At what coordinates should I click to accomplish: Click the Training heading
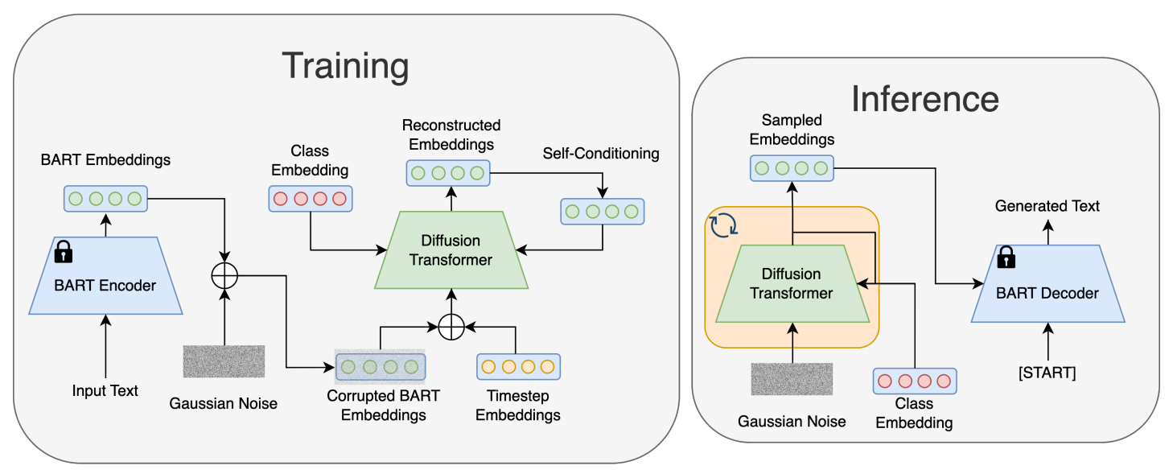click(346, 67)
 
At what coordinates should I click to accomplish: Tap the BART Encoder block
click(105, 275)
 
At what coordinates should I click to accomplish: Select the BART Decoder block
click(1047, 283)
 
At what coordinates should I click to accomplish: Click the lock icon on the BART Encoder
click(64, 251)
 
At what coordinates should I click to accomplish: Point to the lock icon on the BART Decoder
click(1006, 258)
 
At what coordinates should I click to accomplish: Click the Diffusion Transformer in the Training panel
click(451, 249)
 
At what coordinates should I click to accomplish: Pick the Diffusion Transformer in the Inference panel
click(792, 283)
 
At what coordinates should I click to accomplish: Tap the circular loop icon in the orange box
click(724, 225)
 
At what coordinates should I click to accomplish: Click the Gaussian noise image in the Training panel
click(224, 361)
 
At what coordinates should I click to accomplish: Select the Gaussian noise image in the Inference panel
click(792, 379)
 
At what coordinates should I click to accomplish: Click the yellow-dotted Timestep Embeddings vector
click(518, 367)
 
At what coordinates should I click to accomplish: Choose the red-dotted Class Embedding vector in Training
click(311, 199)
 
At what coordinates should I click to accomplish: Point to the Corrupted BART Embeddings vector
click(381, 367)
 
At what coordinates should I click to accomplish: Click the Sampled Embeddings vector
click(792, 168)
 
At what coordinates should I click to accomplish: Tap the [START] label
click(1047, 373)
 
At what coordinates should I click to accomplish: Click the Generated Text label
click(1047, 206)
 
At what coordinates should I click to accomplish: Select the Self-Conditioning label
click(601, 154)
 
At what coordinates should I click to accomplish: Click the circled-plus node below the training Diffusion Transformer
click(451, 327)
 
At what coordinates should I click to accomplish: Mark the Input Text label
click(105, 390)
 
